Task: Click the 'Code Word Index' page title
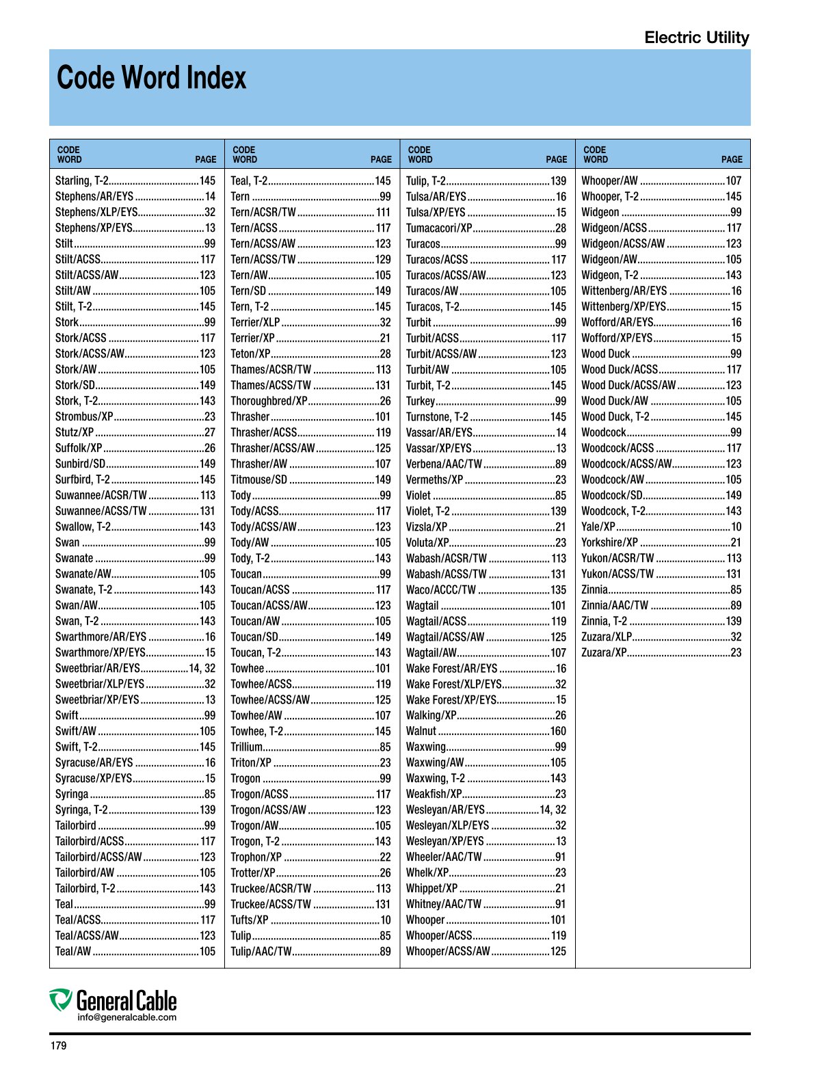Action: (x=151, y=78)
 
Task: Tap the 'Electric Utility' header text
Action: (x=696, y=38)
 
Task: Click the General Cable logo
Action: (x=114, y=1001)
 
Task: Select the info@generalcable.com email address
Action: (x=127, y=1017)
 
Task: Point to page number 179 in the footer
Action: (x=58, y=1045)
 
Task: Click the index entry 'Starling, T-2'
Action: (x=81, y=180)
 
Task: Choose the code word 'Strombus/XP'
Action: (x=84, y=416)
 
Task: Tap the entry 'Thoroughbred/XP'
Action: (x=269, y=401)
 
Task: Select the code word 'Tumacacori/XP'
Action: (x=438, y=228)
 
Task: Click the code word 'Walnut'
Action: (x=421, y=731)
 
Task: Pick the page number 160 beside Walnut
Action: (x=558, y=731)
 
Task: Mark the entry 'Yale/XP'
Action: (x=598, y=526)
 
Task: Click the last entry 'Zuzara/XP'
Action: (x=604, y=652)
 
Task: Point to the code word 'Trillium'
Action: (x=246, y=747)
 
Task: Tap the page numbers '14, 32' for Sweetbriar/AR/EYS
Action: (x=202, y=668)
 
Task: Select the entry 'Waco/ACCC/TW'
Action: (x=440, y=589)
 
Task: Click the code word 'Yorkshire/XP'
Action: (x=609, y=542)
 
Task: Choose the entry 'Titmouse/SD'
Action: (x=258, y=479)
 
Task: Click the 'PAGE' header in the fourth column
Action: (x=731, y=159)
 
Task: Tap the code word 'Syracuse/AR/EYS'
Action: (x=94, y=762)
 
